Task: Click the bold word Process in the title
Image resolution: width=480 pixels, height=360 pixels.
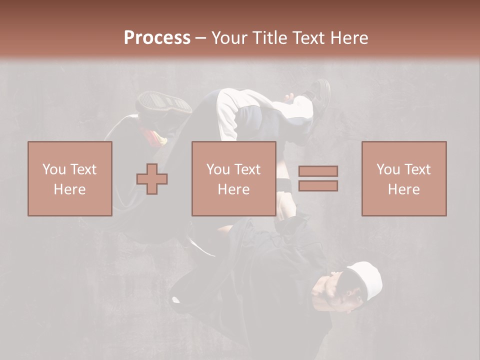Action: point(157,38)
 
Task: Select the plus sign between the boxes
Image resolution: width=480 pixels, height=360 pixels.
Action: point(152,179)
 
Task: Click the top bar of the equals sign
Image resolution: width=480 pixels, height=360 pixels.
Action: point(318,171)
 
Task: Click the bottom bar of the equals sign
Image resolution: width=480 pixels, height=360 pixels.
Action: point(318,186)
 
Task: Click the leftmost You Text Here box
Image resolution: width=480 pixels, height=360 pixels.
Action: point(70,178)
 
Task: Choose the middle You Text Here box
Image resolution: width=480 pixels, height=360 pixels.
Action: point(234,178)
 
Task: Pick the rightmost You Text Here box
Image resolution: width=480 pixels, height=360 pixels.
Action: point(404,178)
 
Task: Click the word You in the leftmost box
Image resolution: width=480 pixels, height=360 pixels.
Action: point(54,169)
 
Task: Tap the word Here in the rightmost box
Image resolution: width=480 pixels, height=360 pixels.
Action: point(404,189)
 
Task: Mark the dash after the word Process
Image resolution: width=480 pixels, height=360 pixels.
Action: point(201,38)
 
